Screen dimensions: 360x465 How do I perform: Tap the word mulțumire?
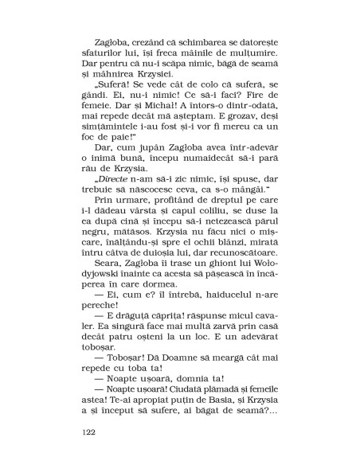[254, 59]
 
